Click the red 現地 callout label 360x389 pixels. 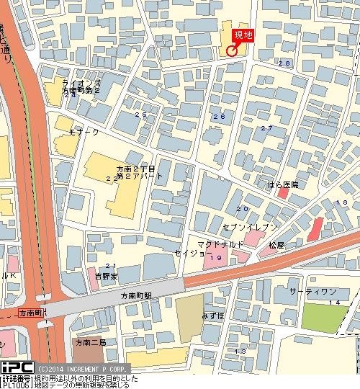242,35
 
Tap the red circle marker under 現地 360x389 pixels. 231,50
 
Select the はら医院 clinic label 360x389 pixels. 283,185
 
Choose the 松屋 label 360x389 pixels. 277,246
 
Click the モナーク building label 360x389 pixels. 84,133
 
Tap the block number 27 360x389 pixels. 266,128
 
